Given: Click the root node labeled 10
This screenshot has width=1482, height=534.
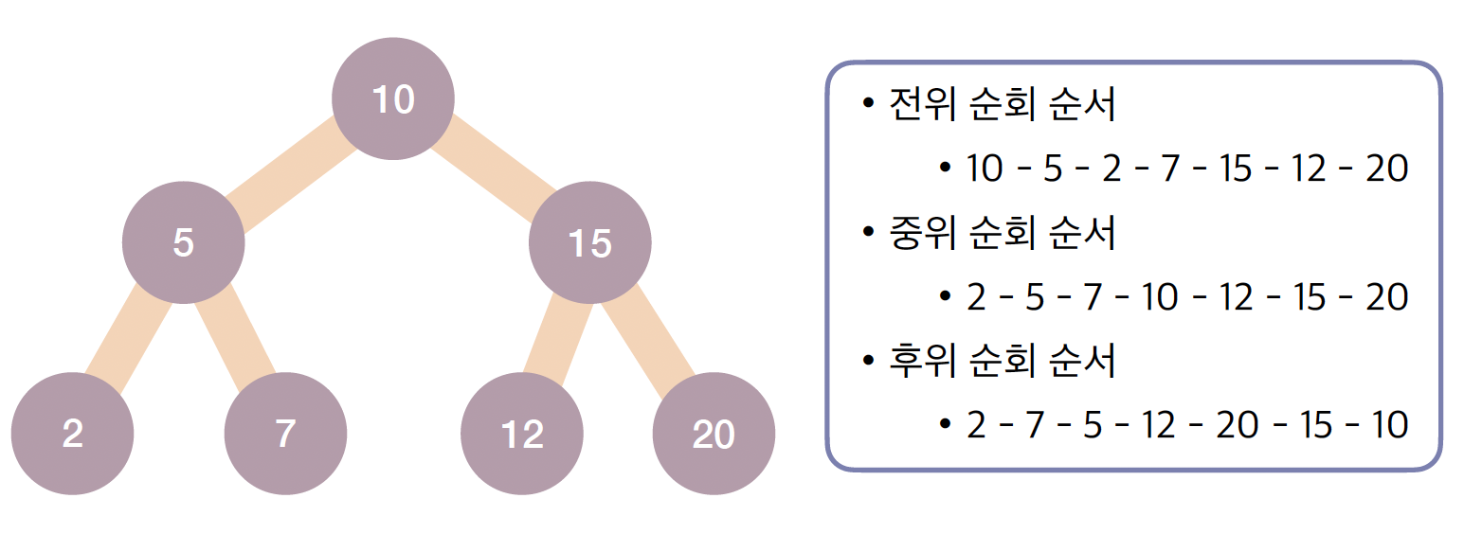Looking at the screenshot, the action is pyautogui.click(x=393, y=98).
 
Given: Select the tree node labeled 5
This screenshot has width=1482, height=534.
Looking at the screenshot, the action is pyautogui.click(x=183, y=243).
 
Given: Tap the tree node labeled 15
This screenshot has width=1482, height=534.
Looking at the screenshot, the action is pyautogui.click(x=589, y=243).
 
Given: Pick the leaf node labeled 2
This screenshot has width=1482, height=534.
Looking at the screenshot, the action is pyautogui.click(x=72, y=434).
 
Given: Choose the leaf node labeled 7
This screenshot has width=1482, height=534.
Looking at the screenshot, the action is pyautogui.click(x=285, y=434).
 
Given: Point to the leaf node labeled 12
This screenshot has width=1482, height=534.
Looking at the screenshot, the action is pyautogui.click(x=521, y=434).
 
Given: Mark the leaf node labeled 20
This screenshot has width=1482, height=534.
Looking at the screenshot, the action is pyautogui.click(x=714, y=434).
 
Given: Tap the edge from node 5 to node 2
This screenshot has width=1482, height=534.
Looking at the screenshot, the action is pyautogui.click(x=128, y=337).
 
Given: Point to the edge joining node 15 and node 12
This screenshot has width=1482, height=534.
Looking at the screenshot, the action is pyautogui.click(x=556, y=336).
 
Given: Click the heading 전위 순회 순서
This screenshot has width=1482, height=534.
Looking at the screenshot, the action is pyautogui.click(x=1003, y=105).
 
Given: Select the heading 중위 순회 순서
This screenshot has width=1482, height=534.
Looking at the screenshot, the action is pyautogui.click(x=1003, y=233).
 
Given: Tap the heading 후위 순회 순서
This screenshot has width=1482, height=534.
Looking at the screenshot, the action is pyautogui.click(x=1003, y=361).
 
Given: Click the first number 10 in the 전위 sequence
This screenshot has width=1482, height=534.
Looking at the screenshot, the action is pyautogui.click(x=985, y=169).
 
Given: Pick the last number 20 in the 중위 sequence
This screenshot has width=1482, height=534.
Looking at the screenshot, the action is pyautogui.click(x=1386, y=297).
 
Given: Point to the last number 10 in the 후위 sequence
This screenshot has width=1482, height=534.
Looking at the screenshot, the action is pyautogui.click(x=1388, y=425).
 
